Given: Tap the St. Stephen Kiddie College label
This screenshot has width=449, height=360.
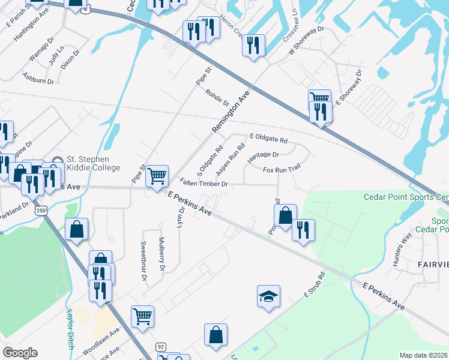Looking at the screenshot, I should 87,163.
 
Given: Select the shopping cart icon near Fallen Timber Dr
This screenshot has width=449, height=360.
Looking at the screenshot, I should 157,176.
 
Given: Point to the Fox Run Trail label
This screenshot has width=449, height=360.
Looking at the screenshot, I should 281,170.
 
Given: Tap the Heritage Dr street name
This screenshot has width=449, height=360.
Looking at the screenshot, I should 264,156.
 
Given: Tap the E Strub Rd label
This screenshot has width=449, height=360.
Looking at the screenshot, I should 314,285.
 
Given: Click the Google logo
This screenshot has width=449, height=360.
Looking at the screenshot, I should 20,353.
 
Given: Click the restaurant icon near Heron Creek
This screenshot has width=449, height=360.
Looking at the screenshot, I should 253,44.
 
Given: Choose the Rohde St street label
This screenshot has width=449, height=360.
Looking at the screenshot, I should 217,99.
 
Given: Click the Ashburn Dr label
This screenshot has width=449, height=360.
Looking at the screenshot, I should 38,77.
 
